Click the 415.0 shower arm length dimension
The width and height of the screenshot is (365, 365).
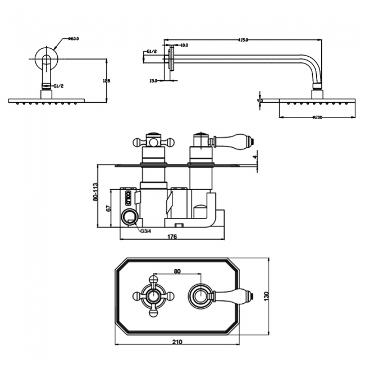243,40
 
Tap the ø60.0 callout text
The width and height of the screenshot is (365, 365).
74,39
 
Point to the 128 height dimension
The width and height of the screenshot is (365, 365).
107,80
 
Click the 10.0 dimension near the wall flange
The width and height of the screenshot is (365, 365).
184,45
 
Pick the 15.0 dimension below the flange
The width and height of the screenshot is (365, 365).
153,81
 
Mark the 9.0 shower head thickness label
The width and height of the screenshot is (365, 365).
260,100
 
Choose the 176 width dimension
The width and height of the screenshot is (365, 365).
172,237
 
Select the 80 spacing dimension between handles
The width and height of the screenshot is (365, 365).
177,272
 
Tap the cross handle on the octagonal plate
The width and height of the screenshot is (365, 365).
153,295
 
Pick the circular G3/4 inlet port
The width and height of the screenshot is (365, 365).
130,216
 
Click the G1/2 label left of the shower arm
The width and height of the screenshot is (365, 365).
150,52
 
